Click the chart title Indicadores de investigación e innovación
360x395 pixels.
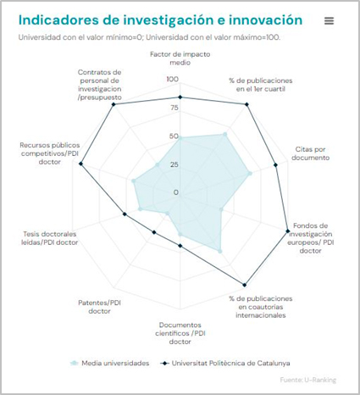click(x=159, y=19)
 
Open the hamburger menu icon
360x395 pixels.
click(x=329, y=20)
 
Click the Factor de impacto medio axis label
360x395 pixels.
click(x=180, y=58)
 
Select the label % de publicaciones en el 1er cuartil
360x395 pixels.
click(x=258, y=84)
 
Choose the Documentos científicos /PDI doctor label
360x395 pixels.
click(x=180, y=332)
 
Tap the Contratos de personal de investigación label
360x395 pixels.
click(x=100, y=85)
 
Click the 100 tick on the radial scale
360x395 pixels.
click(x=173, y=79)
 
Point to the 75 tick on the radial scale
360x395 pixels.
click(x=174, y=108)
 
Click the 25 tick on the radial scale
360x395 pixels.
click(x=174, y=164)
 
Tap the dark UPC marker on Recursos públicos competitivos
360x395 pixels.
click(x=81, y=164)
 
